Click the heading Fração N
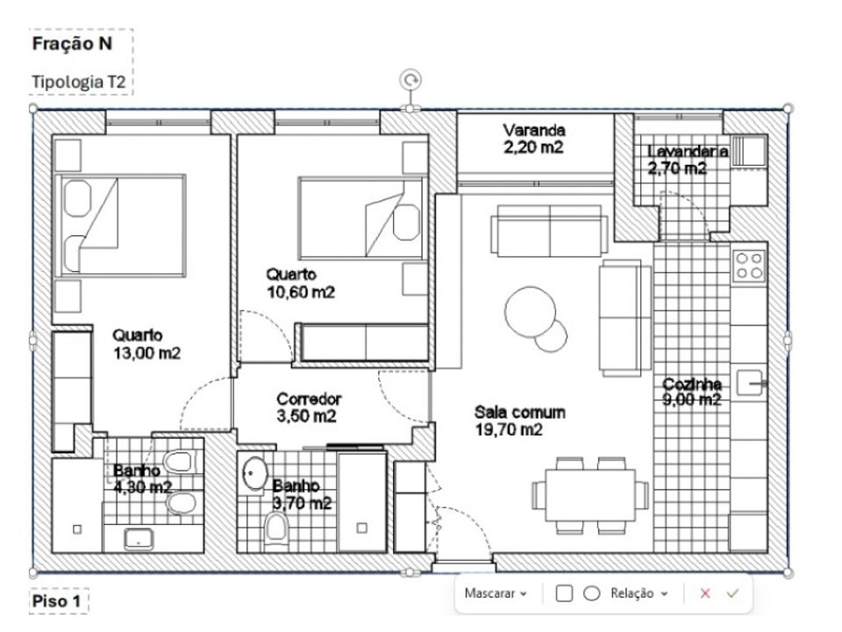[x=72, y=44]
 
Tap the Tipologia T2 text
[x=78, y=82]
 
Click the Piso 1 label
[x=56, y=600]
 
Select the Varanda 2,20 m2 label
[x=534, y=138]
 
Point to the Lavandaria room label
[x=688, y=160]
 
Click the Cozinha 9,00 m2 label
[x=692, y=391]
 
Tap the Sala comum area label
[x=519, y=420]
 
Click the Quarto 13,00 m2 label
[x=146, y=344]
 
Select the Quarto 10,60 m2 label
[x=300, y=284]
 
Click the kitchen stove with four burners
[x=749, y=266]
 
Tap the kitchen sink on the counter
[x=750, y=383]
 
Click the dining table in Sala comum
[x=590, y=495]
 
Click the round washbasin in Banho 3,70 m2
[x=254, y=473]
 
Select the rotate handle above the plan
[x=410, y=80]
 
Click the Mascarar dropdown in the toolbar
[x=496, y=593]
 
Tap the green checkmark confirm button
[x=732, y=593]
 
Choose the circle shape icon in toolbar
[x=592, y=593]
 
